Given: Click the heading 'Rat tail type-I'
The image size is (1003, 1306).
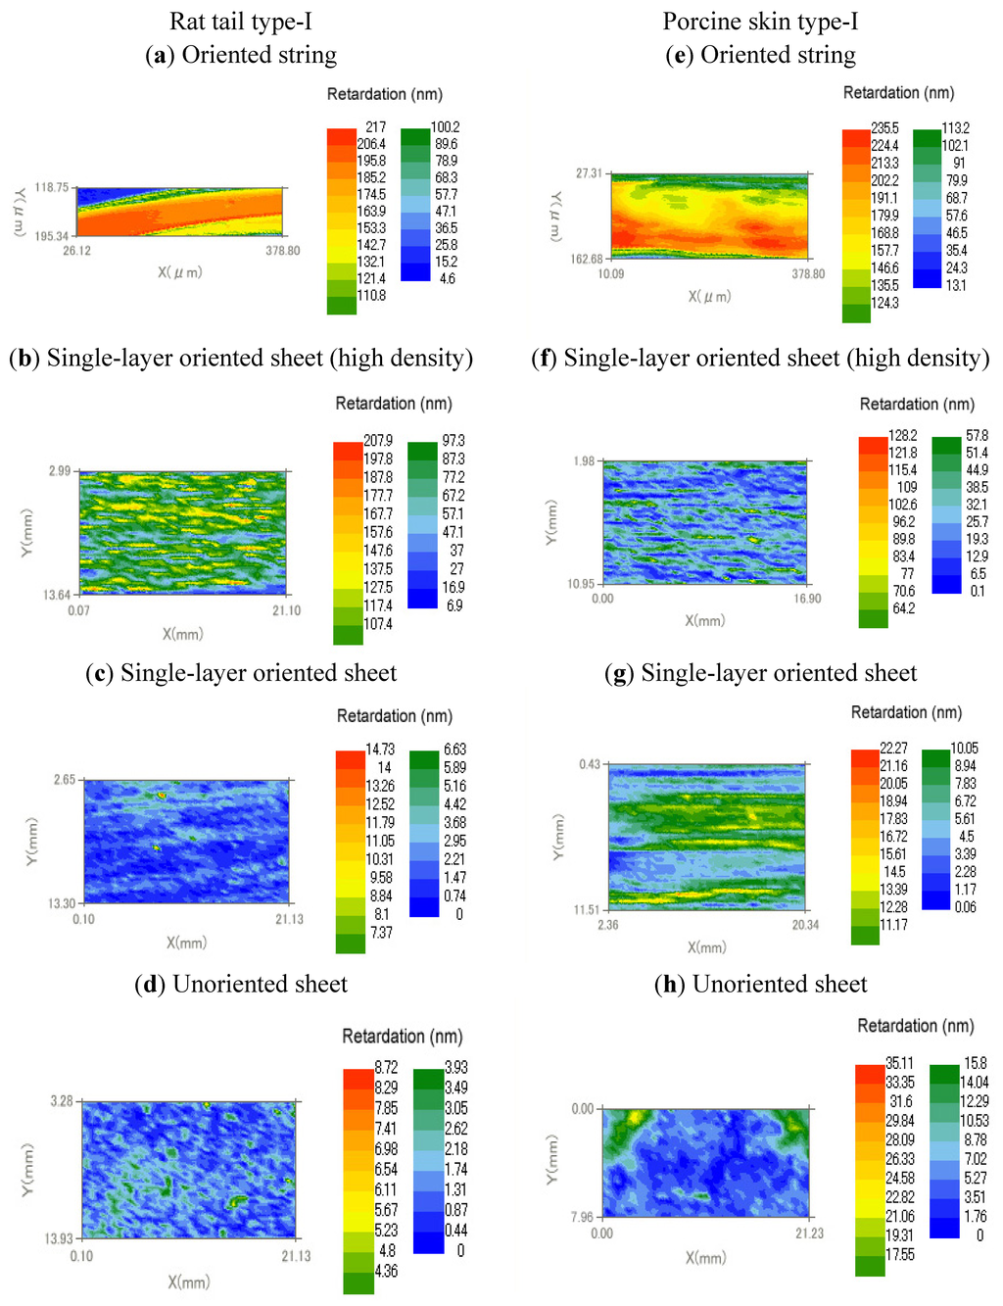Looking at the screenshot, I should point(240,22).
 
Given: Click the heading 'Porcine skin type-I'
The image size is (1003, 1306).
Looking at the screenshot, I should point(760,22).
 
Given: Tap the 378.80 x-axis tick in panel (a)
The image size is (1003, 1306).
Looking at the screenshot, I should point(282,251).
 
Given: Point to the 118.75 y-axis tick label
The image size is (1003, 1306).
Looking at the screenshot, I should point(52,187).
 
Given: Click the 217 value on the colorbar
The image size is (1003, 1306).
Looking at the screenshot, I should point(375,126).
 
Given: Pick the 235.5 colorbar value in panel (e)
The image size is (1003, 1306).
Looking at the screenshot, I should point(884,128).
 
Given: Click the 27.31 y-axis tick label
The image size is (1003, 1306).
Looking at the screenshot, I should point(589,173).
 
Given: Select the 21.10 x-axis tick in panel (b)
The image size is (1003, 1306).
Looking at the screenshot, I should point(286,610).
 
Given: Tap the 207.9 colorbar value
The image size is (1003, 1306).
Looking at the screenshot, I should point(378,441).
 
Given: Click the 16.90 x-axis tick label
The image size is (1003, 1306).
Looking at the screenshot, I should point(807,599).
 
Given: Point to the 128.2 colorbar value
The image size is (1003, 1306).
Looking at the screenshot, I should point(902,435).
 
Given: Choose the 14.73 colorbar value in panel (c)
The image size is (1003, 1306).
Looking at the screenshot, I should point(380,750).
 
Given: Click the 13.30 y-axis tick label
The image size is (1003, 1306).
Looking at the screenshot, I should point(62,903).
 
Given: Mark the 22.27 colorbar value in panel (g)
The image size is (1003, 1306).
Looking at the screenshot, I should point(893,748).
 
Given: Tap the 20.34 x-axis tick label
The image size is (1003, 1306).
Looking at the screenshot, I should point(804,925).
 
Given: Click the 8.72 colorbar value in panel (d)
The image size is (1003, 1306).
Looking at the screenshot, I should point(386,1067).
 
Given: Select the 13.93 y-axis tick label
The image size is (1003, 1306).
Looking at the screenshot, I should point(59,1238).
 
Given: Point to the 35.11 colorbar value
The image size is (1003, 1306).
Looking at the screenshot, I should point(899,1063).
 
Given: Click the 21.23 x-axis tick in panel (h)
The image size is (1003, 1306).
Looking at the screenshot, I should point(809,1233).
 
